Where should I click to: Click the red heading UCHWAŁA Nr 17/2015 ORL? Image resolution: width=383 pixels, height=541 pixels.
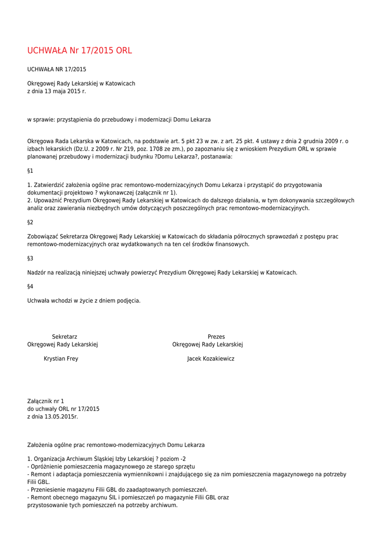click(79, 51)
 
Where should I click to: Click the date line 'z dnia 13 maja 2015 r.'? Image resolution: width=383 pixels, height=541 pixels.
click(57, 91)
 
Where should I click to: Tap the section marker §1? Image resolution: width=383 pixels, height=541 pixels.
click(30, 171)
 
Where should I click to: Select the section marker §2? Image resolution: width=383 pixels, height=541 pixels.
click(30, 222)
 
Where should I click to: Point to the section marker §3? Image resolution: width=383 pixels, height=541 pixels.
click(30, 258)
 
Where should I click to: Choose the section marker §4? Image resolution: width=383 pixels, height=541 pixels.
click(30, 287)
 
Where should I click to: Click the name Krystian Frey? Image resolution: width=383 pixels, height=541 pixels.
click(61, 359)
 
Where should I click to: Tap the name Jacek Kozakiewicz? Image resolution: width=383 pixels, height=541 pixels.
click(210, 359)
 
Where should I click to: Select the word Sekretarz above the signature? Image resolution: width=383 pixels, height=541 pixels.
click(64, 337)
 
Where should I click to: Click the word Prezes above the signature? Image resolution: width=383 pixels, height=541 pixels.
click(216, 337)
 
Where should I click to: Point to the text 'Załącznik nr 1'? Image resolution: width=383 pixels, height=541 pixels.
click(45, 402)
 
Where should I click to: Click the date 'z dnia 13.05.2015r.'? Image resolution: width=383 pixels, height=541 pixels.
click(52, 416)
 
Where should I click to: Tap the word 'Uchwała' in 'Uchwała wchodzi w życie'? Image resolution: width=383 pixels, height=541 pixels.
click(38, 301)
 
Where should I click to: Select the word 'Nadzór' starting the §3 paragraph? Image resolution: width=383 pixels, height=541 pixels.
click(37, 273)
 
